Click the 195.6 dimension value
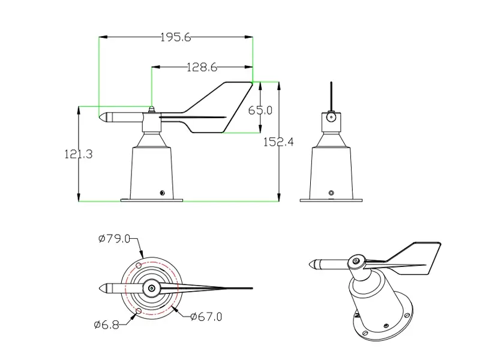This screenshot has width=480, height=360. [175, 37]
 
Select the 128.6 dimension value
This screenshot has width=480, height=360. [201, 67]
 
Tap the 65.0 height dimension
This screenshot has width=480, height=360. [260, 110]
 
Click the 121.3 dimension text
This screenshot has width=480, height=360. [78, 154]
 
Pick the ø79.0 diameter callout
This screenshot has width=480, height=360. [114, 239]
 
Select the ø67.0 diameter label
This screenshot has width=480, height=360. [206, 316]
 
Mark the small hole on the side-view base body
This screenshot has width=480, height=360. [161, 193]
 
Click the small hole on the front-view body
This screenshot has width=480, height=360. [331, 193]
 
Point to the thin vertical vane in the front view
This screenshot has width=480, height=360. [330, 96]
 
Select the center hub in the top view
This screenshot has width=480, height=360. [151, 289]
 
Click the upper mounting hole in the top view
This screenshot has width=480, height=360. [139, 265]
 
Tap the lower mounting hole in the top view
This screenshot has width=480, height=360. [139, 312]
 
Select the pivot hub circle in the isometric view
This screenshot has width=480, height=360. [357, 261]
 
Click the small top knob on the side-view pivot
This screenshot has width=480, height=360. [151, 109]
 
